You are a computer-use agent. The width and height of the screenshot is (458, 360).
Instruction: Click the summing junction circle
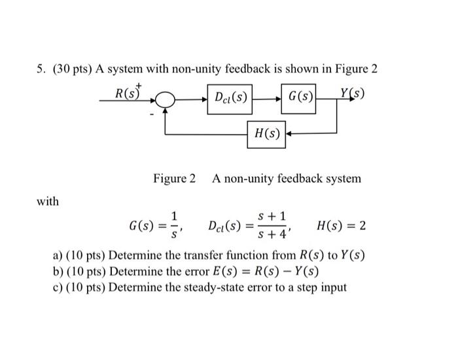click(x=167, y=100)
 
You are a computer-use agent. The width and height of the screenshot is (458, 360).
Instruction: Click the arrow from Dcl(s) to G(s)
click(x=268, y=98)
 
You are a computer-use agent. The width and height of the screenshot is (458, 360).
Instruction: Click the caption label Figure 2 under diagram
click(x=174, y=178)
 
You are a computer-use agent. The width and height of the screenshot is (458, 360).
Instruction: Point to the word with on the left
click(x=48, y=202)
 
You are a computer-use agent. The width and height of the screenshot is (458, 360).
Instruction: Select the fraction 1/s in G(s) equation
click(x=174, y=226)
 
